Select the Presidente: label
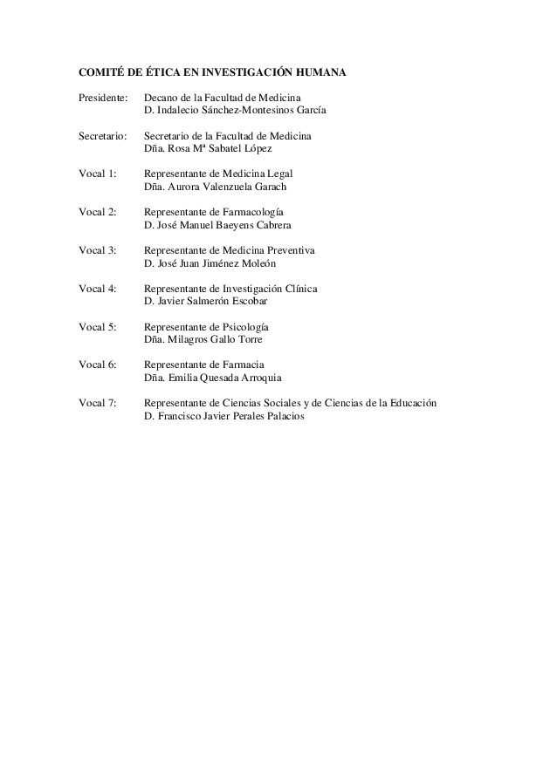(x=103, y=99)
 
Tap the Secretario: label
(x=103, y=137)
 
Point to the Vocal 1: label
(x=97, y=174)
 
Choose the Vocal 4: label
(x=97, y=289)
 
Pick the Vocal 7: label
(x=97, y=403)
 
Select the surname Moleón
(x=260, y=262)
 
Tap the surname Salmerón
(x=205, y=301)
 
